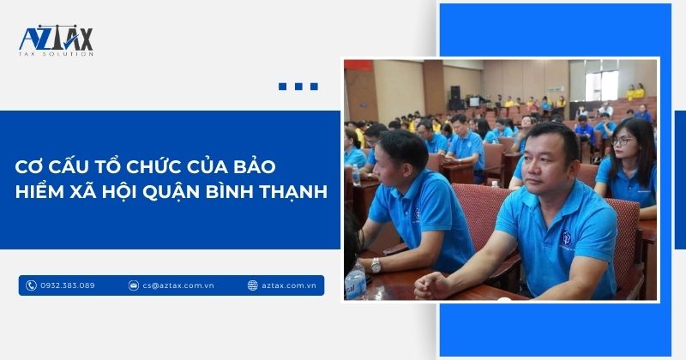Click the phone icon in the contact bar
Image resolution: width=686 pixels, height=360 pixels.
pos(32,285)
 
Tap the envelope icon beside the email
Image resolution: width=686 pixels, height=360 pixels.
pos(135,285)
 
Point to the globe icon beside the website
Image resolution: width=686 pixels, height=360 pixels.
pos(253,285)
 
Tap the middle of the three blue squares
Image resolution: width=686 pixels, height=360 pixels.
pos(298,87)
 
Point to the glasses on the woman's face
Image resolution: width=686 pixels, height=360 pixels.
pos(623,140)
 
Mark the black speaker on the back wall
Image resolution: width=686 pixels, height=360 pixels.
pos(454,91)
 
